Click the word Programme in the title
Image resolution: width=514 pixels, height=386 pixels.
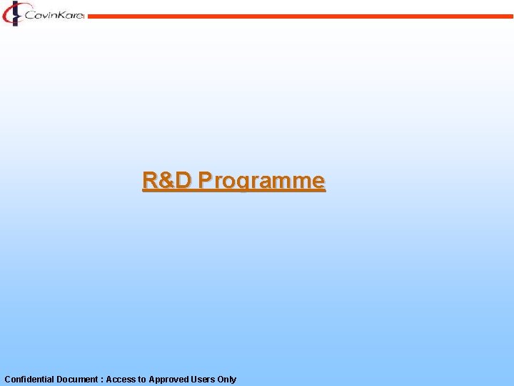(x=262, y=181)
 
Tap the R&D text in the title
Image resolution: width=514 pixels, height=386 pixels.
(x=167, y=180)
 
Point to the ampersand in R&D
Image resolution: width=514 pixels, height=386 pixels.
(x=167, y=180)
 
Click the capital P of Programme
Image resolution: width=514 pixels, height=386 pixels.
(x=206, y=180)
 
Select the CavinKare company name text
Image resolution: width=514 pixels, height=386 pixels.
(x=54, y=14)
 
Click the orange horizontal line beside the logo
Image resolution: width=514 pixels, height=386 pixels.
(x=300, y=16)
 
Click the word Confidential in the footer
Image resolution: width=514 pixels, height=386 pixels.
(x=29, y=380)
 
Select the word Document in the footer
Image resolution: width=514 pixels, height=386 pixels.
(x=77, y=380)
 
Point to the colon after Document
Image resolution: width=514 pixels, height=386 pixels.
(x=101, y=380)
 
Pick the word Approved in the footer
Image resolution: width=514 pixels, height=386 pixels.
(x=168, y=380)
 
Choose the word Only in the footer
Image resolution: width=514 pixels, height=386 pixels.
(x=227, y=380)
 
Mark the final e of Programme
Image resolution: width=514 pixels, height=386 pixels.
(x=318, y=181)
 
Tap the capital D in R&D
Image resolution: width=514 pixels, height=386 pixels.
(x=183, y=180)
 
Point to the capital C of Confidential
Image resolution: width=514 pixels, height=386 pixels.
(x=7, y=380)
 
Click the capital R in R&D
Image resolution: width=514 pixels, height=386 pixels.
(x=151, y=180)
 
